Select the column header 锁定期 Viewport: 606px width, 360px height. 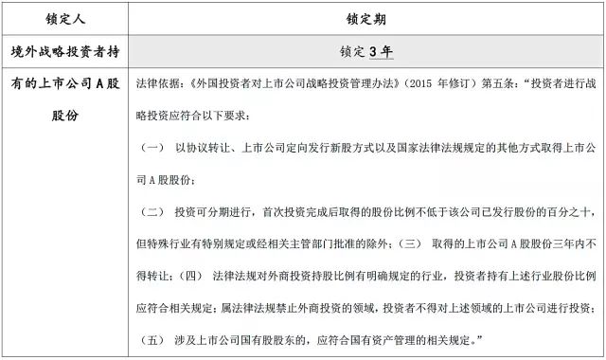click(365, 17)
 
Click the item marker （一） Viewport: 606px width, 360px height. click(151, 149)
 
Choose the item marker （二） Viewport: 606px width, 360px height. click(151, 211)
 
